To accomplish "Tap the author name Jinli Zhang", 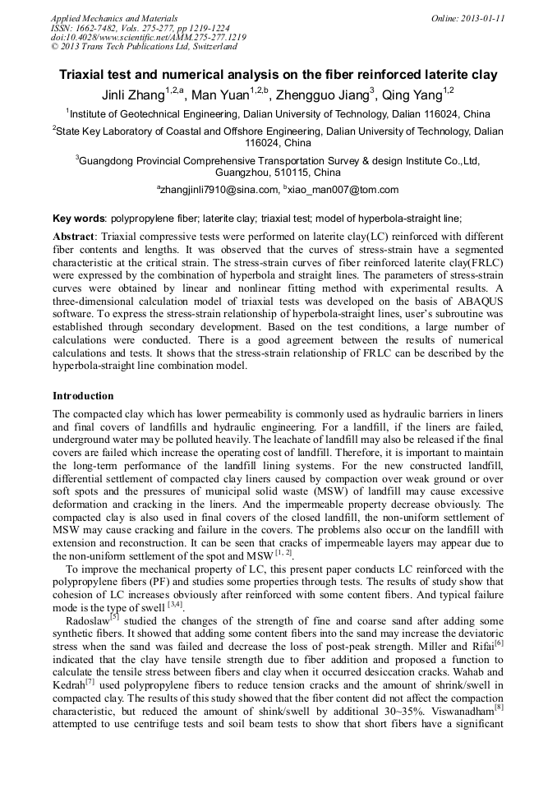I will (133, 95).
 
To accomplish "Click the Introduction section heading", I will (83, 395).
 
